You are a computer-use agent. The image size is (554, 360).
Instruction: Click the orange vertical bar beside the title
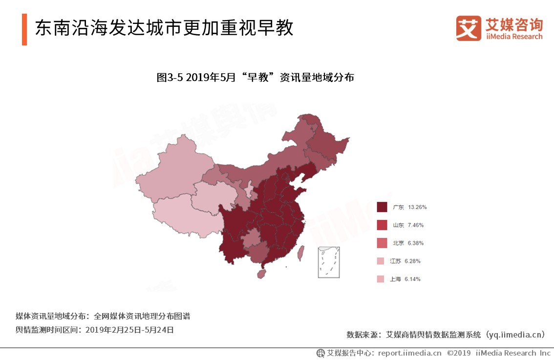coord(24,30)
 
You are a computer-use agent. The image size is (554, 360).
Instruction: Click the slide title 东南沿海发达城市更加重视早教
coord(164,28)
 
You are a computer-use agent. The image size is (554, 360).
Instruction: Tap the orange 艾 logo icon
coord(469,28)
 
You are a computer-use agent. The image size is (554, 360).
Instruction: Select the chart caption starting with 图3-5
coord(255,77)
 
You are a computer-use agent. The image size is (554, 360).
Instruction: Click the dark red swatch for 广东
coord(382,207)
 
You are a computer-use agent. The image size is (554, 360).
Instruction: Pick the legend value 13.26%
coord(417,207)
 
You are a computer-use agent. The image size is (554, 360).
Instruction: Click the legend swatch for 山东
coord(382,225)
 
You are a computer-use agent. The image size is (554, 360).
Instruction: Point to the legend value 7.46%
coord(416,225)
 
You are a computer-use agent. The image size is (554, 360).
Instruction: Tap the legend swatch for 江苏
coord(381,261)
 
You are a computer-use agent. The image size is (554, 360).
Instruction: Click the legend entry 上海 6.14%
coord(405,279)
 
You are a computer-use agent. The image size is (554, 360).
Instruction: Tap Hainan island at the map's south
coord(261,274)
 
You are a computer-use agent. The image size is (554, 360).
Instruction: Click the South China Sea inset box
coord(329,262)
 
